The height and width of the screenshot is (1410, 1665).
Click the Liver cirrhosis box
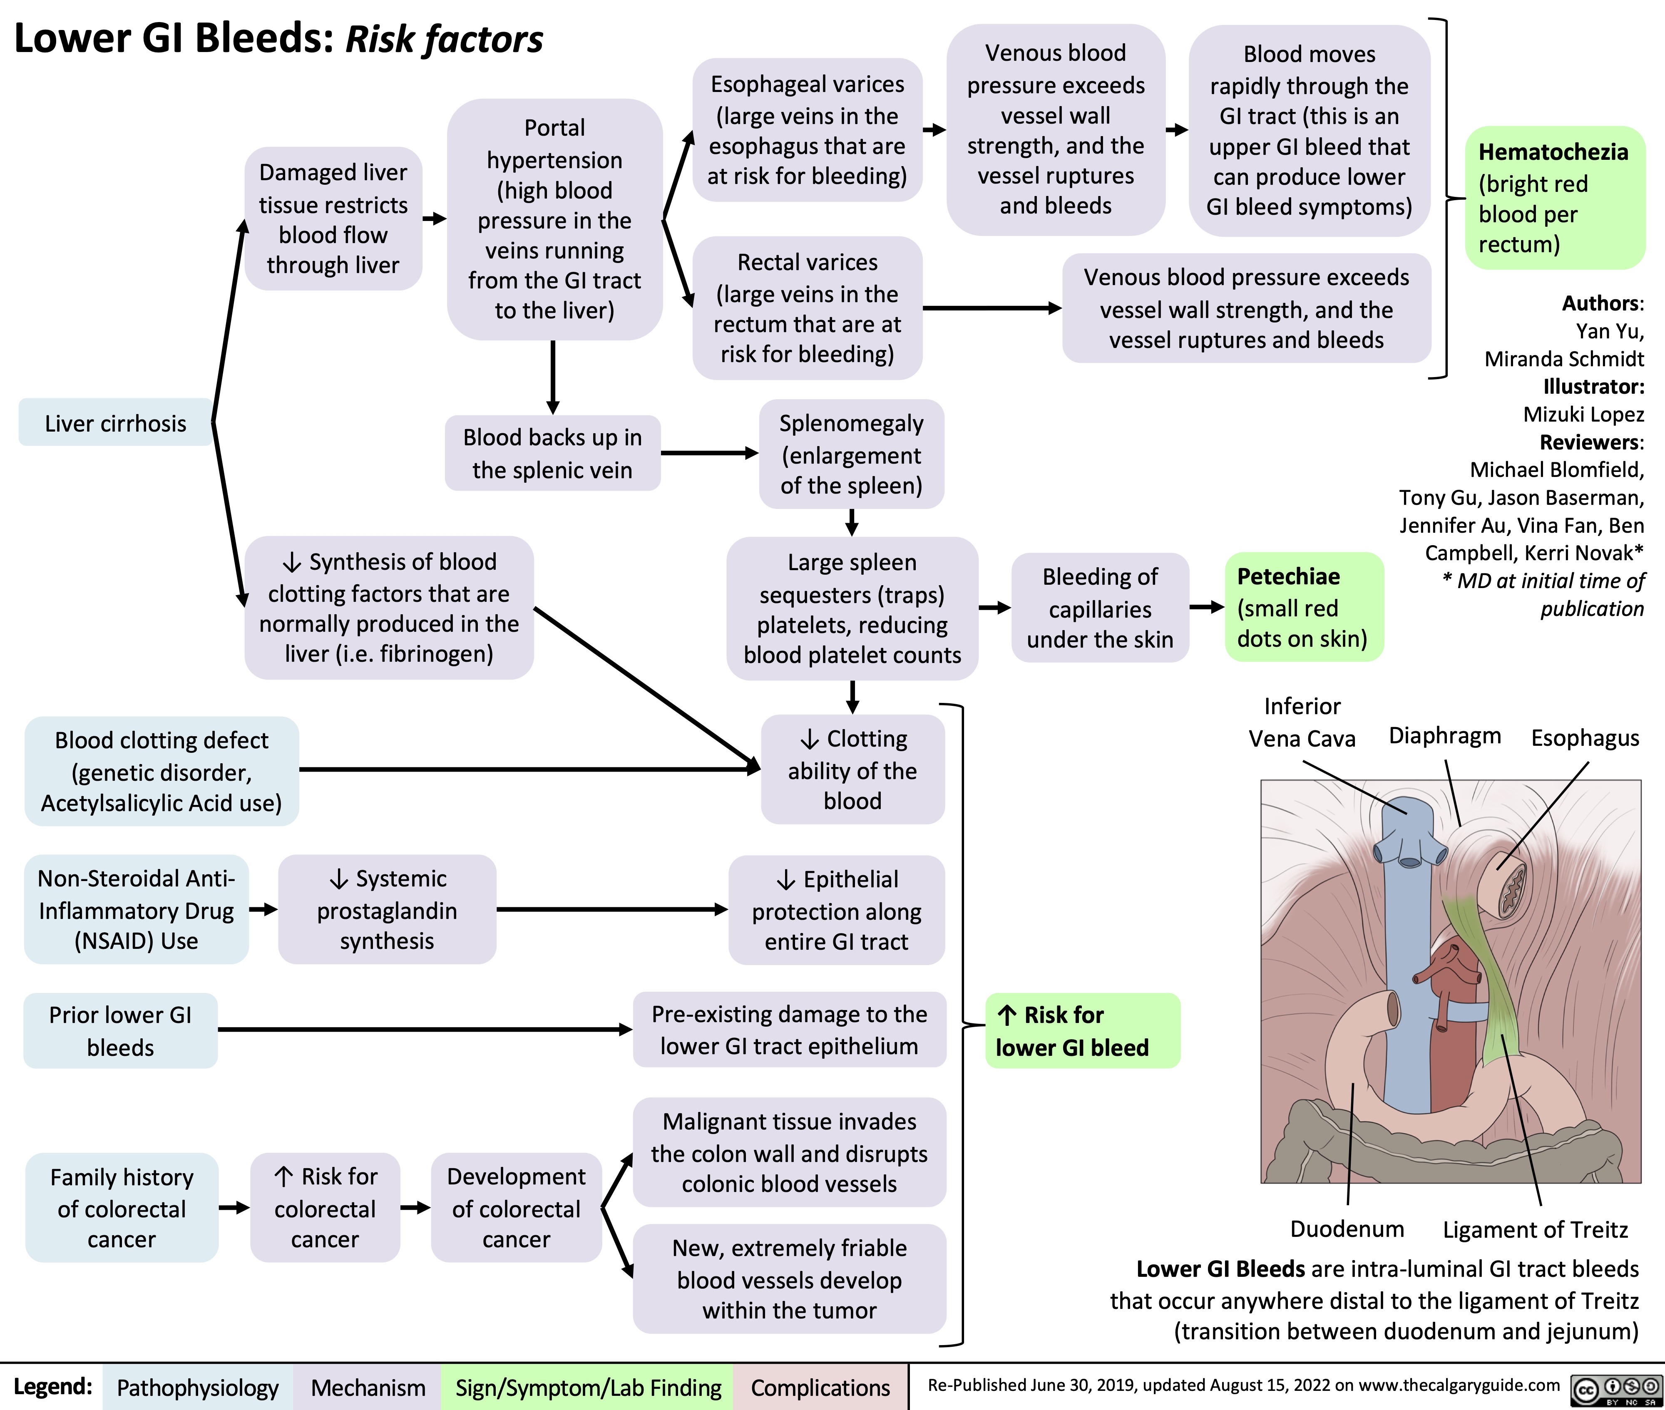tap(115, 423)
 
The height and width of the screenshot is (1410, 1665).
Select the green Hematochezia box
tap(1554, 197)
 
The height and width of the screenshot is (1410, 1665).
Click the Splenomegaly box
tap(851, 454)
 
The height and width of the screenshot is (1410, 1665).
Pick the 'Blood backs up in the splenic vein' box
tap(552, 453)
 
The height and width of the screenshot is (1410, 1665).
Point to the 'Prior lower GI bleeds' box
tap(121, 1030)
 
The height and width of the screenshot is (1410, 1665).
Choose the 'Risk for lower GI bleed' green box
tap(1082, 1031)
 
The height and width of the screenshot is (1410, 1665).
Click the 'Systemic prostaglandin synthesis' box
tap(387, 910)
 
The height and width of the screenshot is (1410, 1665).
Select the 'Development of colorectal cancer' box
tap(517, 1208)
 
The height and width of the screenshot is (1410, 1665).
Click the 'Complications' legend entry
tap(820, 1388)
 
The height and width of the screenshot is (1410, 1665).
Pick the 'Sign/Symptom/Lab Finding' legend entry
tap(588, 1388)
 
